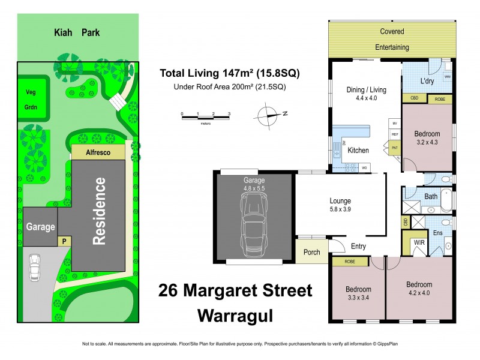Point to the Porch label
tap(311, 252)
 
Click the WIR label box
tap(419, 243)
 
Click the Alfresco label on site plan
tap(98, 153)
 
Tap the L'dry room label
tap(427, 81)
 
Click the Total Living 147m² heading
tap(229, 74)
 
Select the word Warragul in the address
tap(235, 314)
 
